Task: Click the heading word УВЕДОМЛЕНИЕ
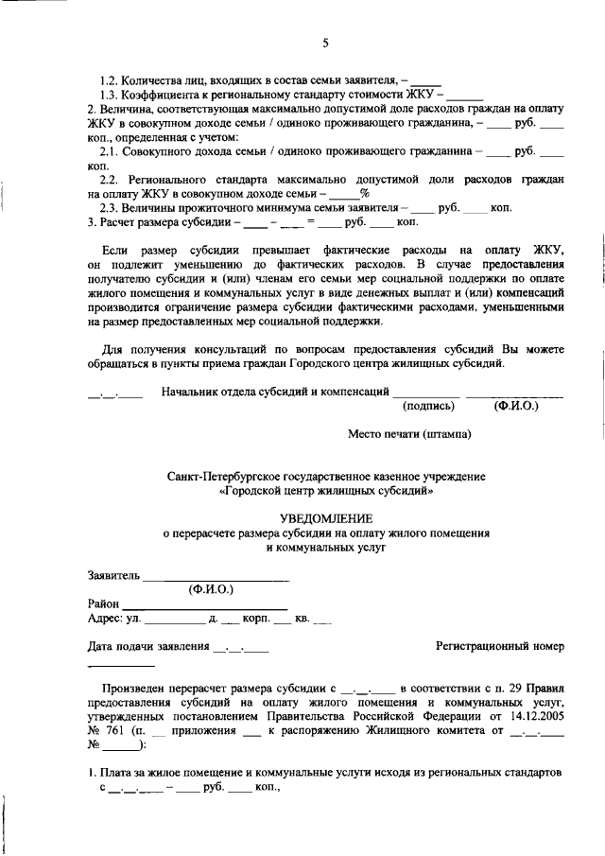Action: (x=326, y=517)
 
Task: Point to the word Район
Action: (x=103, y=603)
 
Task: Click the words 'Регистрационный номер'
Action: (x=500, y=646)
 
